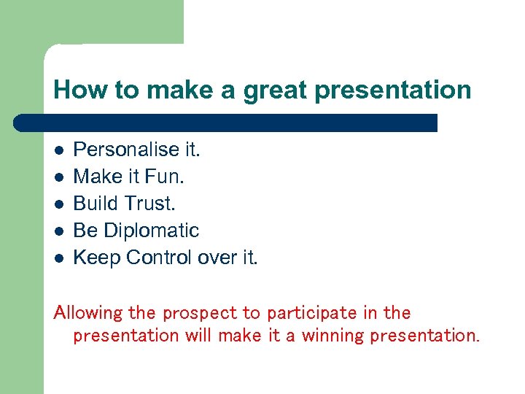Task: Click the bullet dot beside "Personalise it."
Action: (x=60, y=150)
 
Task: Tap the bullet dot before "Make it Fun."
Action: (x=60, y=177)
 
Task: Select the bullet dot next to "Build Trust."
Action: (x=60, y=204)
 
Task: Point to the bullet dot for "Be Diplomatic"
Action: (x=60, y=231)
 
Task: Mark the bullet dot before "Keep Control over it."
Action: (x=60, y=258)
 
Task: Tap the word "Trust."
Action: (x=150, y=204)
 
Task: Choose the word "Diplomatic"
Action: (x=152, y=231)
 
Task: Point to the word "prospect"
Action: (x=200, y=314)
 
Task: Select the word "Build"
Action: (x=96, y=204)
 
